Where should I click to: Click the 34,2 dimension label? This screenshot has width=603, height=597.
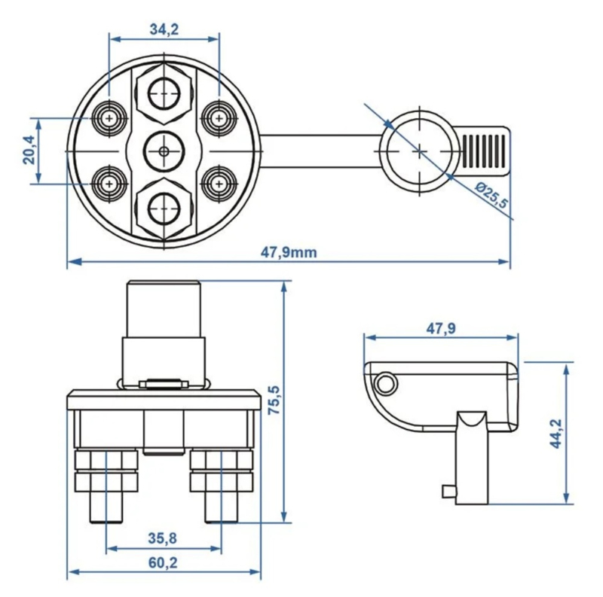point(164,29)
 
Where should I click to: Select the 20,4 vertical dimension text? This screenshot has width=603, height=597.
point(30,151)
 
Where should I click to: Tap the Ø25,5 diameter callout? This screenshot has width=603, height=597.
point(491,196)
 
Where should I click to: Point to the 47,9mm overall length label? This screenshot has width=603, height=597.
point(289,252)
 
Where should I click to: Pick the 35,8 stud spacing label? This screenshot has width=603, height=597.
point(163,538)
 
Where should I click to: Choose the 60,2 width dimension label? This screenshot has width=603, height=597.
point(163,563)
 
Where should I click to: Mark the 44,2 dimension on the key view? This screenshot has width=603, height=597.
point(556,434)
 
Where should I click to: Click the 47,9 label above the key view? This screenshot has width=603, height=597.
point(441,328)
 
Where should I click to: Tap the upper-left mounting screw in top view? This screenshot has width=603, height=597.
point(109,117)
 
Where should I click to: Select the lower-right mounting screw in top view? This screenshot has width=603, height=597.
point(219,183)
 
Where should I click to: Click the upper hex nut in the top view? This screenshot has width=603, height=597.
point(164,94)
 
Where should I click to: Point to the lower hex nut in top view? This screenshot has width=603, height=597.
point(164,209)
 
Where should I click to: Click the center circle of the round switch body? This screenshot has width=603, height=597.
point(164,151)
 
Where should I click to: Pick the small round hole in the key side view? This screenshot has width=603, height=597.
point(385,383)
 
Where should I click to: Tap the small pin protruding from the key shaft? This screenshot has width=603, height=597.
point(448,491)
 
